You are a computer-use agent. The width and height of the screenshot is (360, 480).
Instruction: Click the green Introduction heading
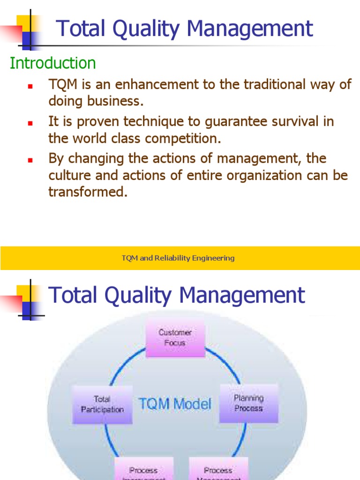(52, 63)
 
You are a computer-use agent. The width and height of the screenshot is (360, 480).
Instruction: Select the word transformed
(88, 192)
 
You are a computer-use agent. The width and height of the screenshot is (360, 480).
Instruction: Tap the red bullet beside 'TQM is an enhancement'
(30, 87)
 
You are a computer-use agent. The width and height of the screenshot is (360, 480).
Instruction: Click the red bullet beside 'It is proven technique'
(30, 123)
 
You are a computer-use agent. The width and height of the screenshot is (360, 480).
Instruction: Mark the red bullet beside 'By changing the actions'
(30, 160)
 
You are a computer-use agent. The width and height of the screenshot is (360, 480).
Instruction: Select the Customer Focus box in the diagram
(175, 337)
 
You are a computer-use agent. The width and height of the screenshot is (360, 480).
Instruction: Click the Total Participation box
(102, 404)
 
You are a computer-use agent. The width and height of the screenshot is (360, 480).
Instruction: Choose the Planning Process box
(248, 403)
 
